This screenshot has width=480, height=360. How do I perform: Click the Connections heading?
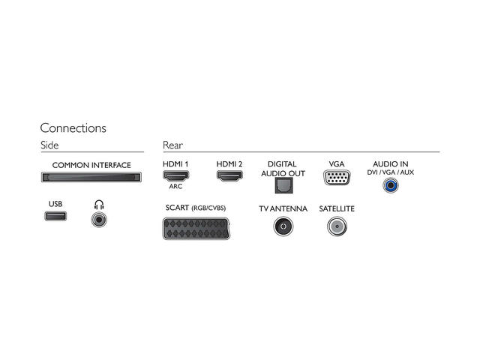coord(73,128)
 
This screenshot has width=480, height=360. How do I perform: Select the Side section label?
coord(49,145)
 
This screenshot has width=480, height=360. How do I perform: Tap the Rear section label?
coord(172,145)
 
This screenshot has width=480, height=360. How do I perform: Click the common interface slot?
coord(91,178)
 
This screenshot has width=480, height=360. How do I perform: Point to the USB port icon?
coord(55,217)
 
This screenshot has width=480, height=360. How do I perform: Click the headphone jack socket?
coord(98,219)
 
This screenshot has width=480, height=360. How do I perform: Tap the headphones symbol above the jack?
coord(98,204)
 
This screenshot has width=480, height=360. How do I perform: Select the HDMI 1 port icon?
coord(176,176)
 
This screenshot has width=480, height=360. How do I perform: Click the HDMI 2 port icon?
coord(229,176)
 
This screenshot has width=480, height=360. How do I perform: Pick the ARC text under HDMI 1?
coord(176,187)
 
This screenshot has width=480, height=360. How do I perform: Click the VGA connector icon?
coord(336,178)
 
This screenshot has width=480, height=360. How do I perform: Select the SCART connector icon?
coord(196,227)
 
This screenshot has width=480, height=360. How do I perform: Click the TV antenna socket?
coord(283,226)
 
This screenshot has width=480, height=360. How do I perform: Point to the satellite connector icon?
coord(336,226)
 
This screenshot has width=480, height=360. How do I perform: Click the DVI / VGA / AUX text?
coord(390,172)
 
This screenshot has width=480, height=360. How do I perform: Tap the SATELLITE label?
coord(336,208)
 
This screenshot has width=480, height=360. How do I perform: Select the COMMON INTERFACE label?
coord(91,165)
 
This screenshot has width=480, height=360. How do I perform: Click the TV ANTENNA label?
coord(283,208)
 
